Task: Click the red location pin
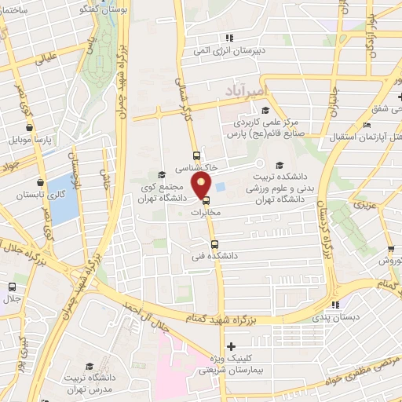tap(202, 185)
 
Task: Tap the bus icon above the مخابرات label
tap(206, 199)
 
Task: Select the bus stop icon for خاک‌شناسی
tap(196, 155)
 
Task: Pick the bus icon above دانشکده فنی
tap(214, 243)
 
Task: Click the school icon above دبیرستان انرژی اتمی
tap(229, 37)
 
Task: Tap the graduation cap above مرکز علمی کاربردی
tap(265, 110)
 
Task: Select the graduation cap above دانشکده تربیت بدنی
tap(280, 164)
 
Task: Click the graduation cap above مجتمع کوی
tap(162, 174)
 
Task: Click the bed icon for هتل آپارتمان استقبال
tap(367, 125)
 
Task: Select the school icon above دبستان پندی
tap(336, 305)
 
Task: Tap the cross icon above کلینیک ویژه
tap(230, 346)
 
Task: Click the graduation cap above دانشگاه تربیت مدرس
tap(88, 367)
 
